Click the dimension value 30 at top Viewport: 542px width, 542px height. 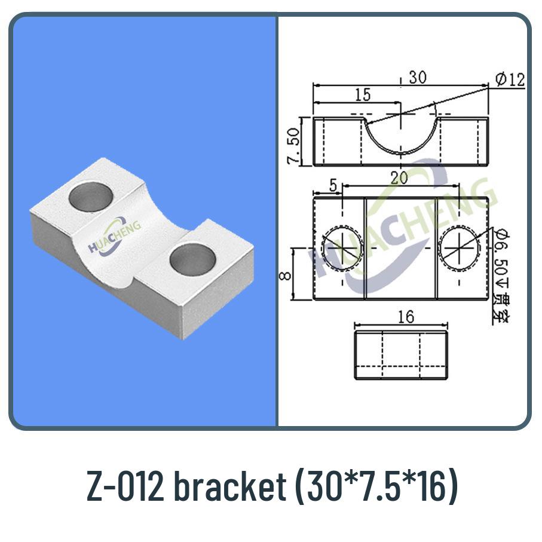[418, 78]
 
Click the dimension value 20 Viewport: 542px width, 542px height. [401, 177]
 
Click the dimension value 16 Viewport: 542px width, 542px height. [405, 317]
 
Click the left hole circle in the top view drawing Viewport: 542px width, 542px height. [342, 247]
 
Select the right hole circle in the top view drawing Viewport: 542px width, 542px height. [459, 247]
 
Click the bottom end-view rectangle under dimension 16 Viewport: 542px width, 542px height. [400, 355]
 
